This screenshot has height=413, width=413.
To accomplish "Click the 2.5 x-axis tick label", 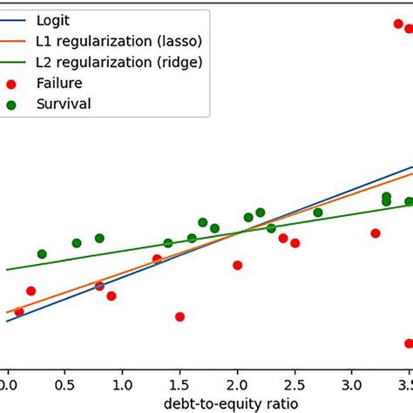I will click(295, 383).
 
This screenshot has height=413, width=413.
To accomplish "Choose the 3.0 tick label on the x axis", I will click(352, 383).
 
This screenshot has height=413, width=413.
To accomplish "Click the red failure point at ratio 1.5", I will click(179, 316).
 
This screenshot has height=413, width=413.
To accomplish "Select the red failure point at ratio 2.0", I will click(237, 265).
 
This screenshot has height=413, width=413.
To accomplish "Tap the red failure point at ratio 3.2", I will click(376, 234).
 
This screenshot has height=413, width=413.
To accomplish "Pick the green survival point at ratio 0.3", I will click(42, 254).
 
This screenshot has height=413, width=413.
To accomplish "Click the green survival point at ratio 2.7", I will click(318, 212).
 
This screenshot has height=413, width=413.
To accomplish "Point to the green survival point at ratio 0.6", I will click(77, 243).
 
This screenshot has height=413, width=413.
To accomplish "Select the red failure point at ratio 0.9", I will click(111, 296).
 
